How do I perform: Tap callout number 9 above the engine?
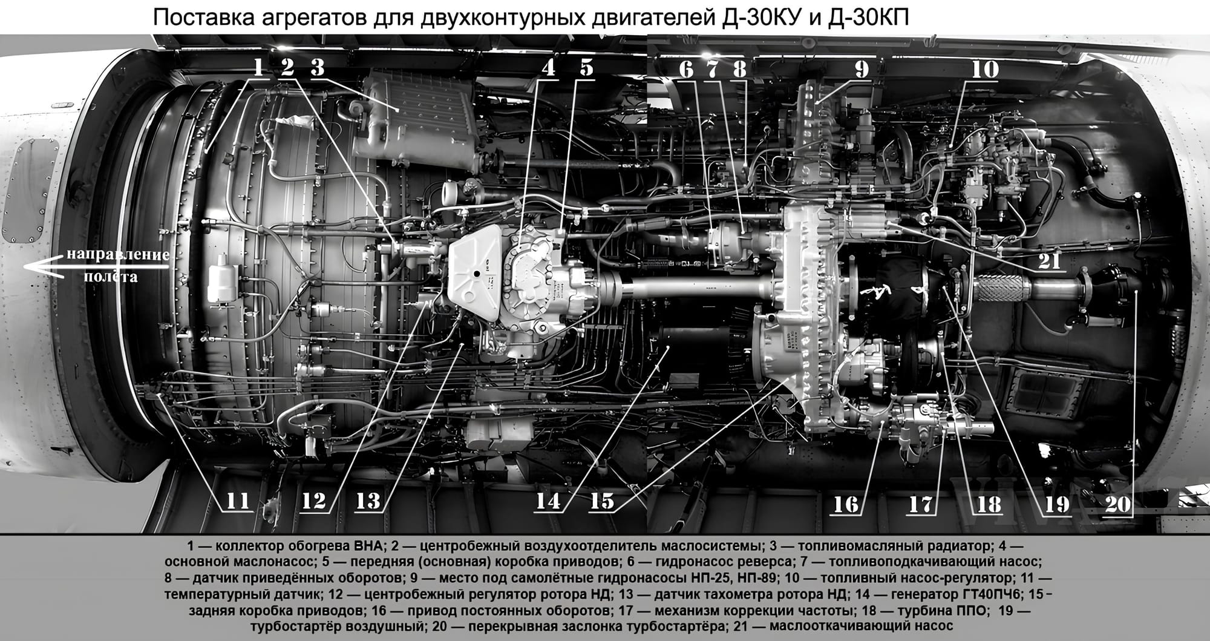861,68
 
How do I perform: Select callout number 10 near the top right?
985,68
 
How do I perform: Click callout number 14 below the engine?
548,501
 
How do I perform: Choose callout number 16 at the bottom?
845,504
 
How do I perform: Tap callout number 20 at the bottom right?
1117,504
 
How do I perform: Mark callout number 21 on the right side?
1049,260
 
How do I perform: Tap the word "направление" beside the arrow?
118,254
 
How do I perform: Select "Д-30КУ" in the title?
768,18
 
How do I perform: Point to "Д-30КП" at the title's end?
872,18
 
